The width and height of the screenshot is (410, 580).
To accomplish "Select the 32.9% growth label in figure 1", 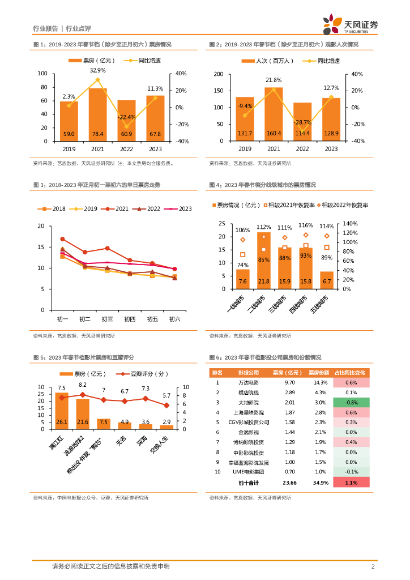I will pyautogui.click(x=97, y=70).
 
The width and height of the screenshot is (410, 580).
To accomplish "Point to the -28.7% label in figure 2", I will pyautogui.click(x=302, y=122).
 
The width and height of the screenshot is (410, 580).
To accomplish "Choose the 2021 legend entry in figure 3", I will pyautogui.click(x=117, y=208).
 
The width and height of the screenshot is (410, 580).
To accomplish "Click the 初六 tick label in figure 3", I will pyautogui.click(x=175, y=319).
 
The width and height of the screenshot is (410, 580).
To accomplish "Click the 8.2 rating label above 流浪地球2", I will pyautogui.click(x=83, y=385).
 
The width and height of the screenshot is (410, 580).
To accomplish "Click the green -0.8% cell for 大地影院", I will pyautogui.click(x=352, y=402).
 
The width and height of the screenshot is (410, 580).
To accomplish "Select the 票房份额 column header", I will pyautogui.click(x=318, y=373).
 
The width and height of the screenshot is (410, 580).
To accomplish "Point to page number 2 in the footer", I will pyautogui.click(x=373, y=566).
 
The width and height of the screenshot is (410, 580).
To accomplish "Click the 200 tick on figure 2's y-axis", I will pyautogui.click(x=218, y=74).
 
